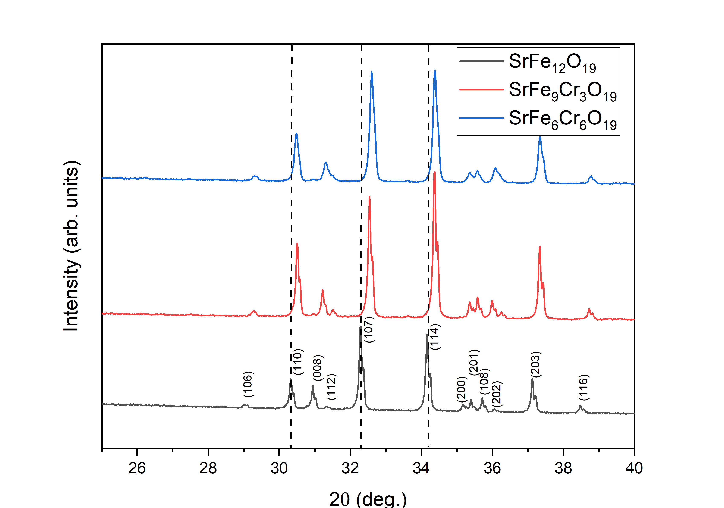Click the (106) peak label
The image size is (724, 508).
click(x=248, y=384)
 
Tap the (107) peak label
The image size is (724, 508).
click(x=369, y=329)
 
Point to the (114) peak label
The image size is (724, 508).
click(x=435, y=337)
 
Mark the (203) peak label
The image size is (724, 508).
click(x=536, y=364)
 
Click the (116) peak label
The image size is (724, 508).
click(x=584, y=387)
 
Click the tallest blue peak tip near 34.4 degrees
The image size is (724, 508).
click(x=435, y=71)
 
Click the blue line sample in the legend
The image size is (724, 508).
click(x=481, y=118)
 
